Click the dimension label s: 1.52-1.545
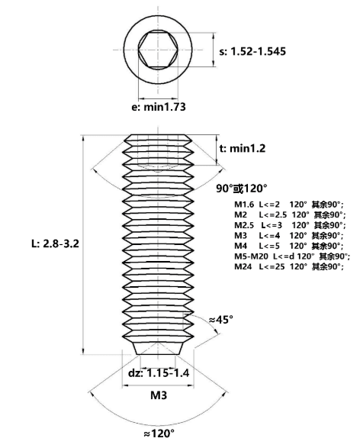pos(252,51)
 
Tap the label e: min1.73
pos(159,107)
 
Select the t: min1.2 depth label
pos(243,148)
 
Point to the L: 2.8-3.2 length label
pos(55,243)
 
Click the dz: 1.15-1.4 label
pos(159,373)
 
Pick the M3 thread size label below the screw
pos(159,395)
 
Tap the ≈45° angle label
pos(220,320)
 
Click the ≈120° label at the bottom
pos(159,433)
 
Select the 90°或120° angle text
pos(242,189)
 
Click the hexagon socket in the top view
pos(158,50)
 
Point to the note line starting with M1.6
pos(288,205)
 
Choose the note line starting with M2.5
pos(290,225)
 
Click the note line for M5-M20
pos(292,256)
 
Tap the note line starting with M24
pos(288,266)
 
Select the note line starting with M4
pos(288,246)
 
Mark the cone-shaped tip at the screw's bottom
pos(158,348)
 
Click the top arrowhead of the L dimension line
pos(83,138)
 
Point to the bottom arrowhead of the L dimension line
pos(83,351)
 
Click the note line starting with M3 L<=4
pos(288,235)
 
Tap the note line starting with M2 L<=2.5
pos(290,215)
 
